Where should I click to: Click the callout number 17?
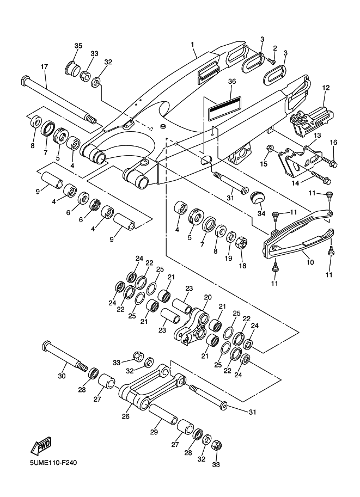tap(45, 67)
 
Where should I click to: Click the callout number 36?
tap(232, 81)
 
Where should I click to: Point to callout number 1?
tap(193, 44)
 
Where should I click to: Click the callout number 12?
tap(326, 88)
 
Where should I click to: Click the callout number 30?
tap(62, 376)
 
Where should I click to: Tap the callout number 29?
tap(154, 432)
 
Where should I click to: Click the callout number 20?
tap(208, 297)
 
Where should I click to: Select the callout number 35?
tap(78, 46)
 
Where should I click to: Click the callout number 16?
tap(334, 143)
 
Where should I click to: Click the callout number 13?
tap(316, 136)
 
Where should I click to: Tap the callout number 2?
tap(275, 48)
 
